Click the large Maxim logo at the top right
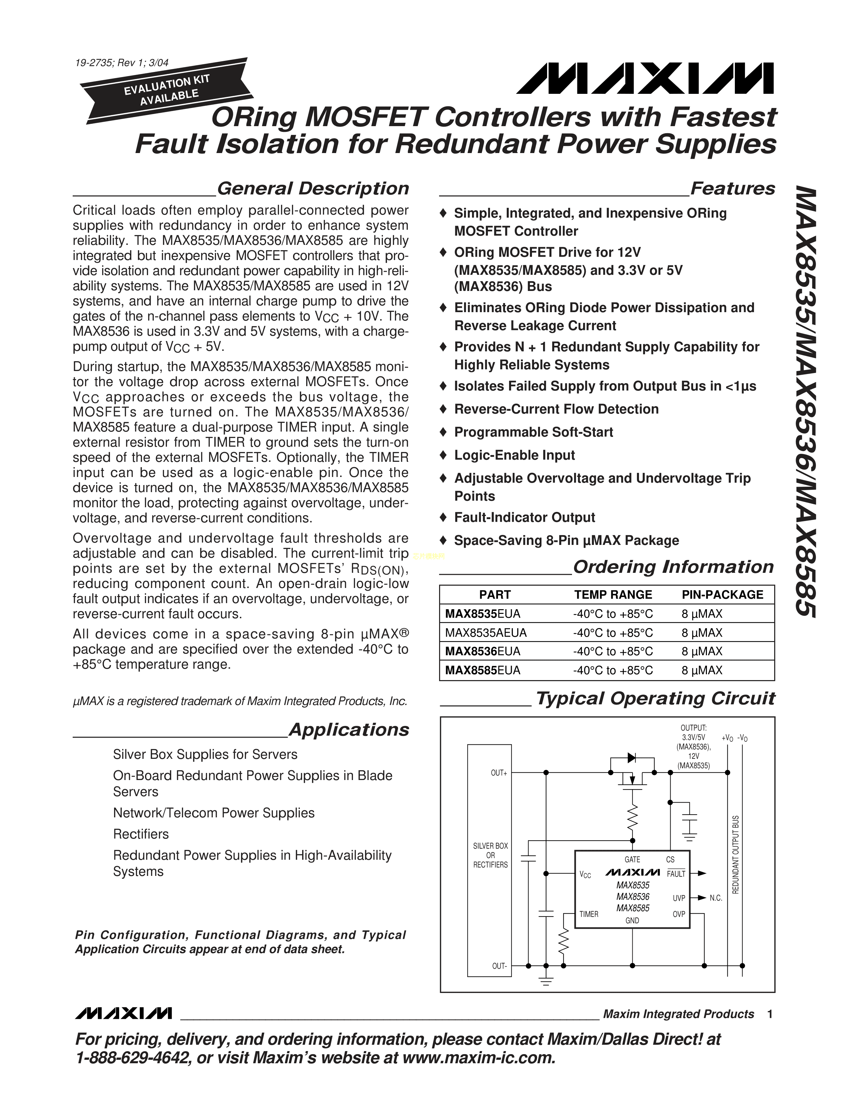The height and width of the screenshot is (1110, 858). pos(645,78)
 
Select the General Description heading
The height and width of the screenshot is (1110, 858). pos(313,189)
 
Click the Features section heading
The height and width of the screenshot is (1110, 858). pos(732,189)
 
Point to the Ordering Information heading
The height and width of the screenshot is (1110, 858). pos(673,567)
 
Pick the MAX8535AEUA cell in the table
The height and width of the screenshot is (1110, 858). pos(486,633)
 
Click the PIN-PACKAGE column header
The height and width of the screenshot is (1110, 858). pos(722,595)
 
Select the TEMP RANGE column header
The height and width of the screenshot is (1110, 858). pos(613,595)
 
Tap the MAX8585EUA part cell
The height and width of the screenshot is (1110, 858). pos(482,670)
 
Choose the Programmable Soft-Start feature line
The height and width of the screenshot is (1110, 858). pos(533,432)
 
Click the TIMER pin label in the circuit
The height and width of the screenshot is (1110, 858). pos(588,914)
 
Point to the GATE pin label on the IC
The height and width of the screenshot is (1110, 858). pos(632,859)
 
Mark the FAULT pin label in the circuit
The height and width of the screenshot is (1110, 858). pos(676,874)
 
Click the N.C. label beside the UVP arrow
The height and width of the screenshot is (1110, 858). pos(716,898)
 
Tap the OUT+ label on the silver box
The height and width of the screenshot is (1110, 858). pos(499,773)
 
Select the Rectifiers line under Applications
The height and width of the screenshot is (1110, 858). pos(141,834)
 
